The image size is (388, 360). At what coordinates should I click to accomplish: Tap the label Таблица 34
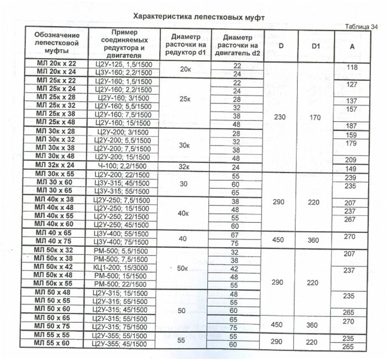(360, 27)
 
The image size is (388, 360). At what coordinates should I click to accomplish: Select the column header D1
(316, 46)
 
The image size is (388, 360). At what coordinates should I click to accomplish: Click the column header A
(353, 46)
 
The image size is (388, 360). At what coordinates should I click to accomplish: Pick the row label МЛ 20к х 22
(56, 65)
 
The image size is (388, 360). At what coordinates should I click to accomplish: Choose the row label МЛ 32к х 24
(56, 165)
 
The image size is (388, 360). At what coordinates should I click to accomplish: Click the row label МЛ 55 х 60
(56, 344)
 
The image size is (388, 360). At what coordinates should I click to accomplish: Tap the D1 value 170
(316, 117)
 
